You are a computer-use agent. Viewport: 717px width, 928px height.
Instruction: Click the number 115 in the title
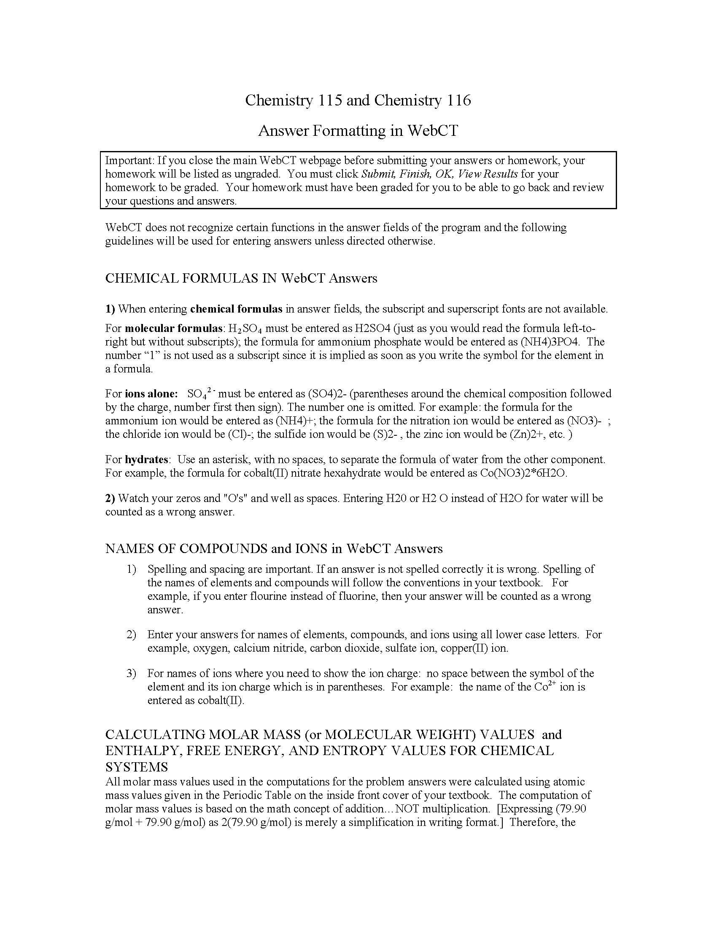tap(329, 100)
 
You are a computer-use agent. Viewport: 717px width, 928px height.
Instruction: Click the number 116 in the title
tap(458, 100)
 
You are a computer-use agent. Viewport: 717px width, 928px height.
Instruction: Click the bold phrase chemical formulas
tap(236, 309)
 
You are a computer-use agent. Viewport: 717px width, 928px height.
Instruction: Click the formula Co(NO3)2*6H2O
tap(523, 473)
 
